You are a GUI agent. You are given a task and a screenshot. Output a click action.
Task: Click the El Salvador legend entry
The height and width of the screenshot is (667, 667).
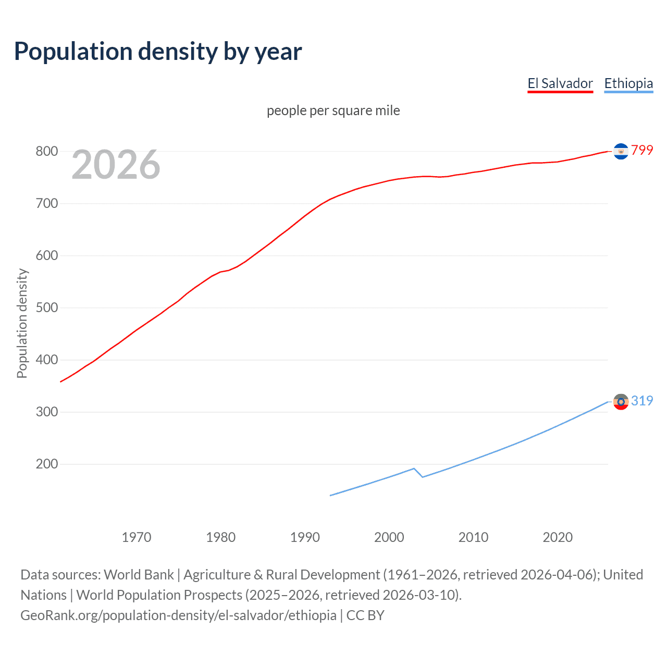(x=560, y=83)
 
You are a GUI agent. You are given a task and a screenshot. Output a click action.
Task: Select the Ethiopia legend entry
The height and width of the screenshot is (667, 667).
(x=628, y=83)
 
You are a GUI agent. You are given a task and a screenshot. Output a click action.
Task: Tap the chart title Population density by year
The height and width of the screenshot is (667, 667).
(x=158, y=52)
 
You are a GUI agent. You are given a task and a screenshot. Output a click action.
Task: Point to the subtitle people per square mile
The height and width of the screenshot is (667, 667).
(x=333, y=110)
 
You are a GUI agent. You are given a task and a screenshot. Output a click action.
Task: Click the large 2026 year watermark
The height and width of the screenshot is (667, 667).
(x=116, y=165)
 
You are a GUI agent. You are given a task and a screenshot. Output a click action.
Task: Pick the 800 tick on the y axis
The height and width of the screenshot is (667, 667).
(x=46, y=152)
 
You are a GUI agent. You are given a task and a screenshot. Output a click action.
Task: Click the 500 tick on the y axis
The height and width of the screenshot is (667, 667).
(x=46, y=308)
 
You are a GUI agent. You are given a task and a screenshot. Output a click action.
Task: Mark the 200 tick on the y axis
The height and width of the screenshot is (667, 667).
(x=46, y=464)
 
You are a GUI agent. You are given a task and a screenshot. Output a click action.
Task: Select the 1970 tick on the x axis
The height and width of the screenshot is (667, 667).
(x=137, y=537)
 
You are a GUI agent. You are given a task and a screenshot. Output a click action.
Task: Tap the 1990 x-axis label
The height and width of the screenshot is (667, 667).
(x=305, y=537)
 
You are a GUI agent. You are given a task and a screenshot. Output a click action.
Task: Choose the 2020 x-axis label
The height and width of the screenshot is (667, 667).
(x=558, y=537)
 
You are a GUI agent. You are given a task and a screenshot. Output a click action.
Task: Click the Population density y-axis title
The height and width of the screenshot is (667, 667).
(x=22, y=323)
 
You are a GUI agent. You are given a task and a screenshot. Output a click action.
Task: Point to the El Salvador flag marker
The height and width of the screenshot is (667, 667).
(x=621, y=151)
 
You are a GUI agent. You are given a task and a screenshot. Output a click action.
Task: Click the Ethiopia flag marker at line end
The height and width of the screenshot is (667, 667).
(x=621, y=402)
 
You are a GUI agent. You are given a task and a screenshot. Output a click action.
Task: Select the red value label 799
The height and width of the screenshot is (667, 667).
(x=642, y=151)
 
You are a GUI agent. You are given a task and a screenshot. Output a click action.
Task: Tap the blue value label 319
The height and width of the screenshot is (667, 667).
(x=642, y=401)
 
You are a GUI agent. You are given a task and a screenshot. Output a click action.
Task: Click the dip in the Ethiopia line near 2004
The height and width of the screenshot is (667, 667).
(x=422, y=477)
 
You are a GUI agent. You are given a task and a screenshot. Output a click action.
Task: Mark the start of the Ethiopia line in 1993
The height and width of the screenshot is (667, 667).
(x=330, y=496)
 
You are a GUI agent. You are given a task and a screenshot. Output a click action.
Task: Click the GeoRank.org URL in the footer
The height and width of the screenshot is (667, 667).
(x=178, y=615)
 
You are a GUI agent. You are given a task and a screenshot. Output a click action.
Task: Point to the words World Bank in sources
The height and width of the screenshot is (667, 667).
(x=139, y=575)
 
